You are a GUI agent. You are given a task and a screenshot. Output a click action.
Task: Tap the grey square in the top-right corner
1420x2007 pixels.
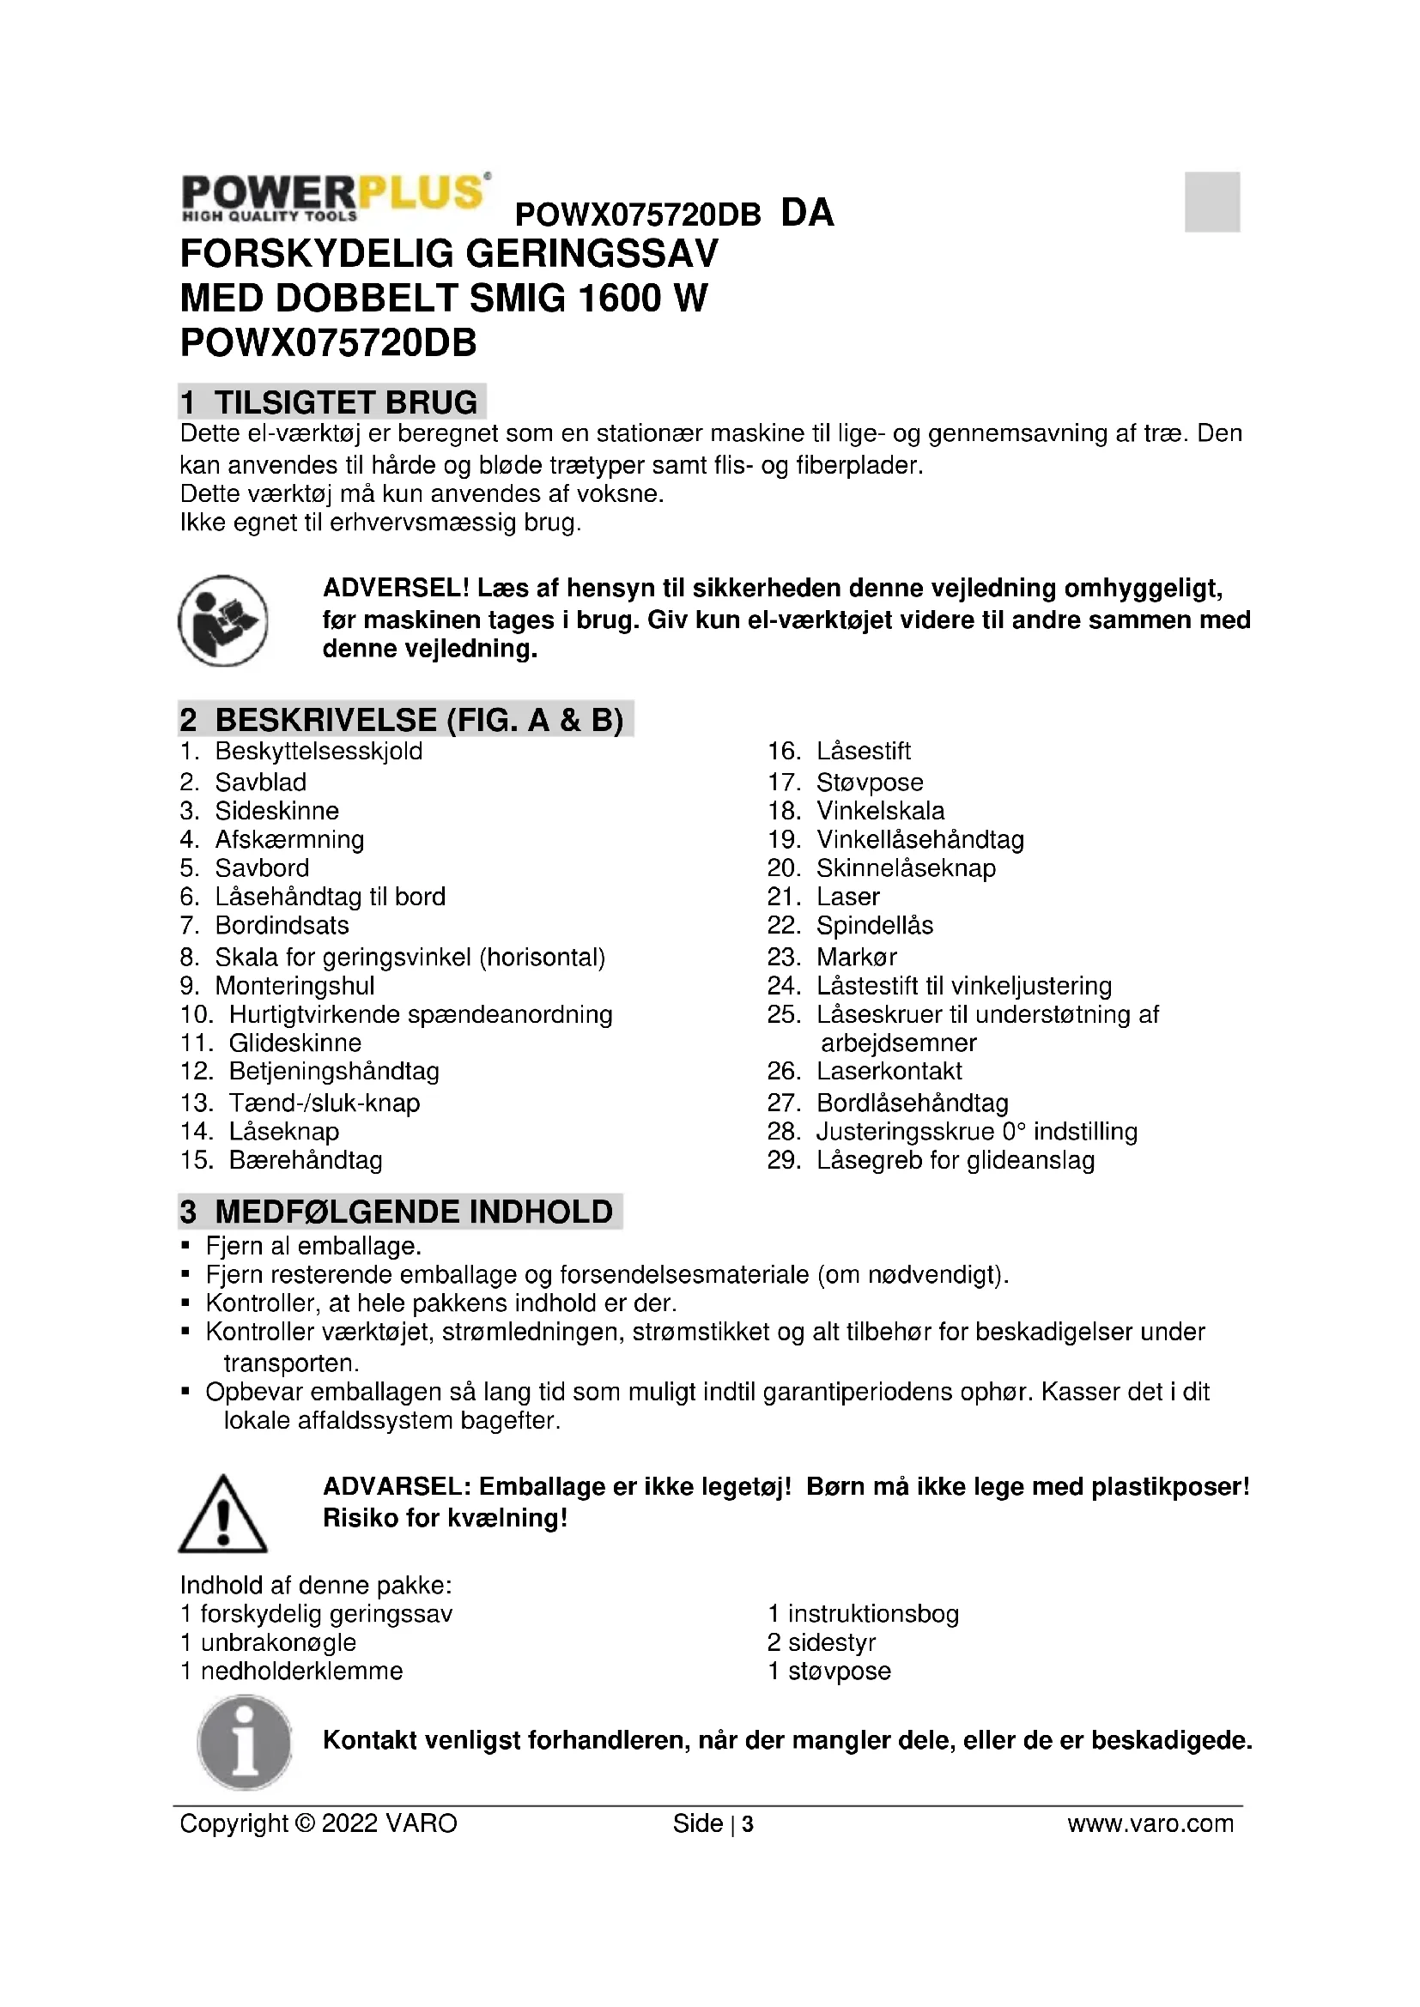[1212, 202]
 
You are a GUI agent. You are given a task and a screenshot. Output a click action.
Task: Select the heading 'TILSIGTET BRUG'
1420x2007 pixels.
[345, 402]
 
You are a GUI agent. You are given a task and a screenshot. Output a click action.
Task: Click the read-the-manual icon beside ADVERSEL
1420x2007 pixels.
[223, 620]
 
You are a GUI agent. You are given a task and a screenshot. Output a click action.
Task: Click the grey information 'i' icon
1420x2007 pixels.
[244, 1741]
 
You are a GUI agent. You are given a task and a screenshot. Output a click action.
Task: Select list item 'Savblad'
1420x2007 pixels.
[261, 783]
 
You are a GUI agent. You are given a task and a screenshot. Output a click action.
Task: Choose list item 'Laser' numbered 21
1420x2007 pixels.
[847, 897]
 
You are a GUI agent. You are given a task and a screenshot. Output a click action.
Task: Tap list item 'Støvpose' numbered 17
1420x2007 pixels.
[869, 783]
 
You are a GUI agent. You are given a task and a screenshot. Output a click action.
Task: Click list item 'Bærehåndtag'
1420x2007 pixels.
[305, 1160]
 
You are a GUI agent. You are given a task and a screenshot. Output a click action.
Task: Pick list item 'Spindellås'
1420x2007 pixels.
[874, 926]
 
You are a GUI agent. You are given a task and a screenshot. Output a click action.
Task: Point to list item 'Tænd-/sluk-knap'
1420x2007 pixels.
[324, 1103]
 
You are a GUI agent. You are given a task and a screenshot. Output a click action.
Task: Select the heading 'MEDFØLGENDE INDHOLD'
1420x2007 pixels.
[414, 1212]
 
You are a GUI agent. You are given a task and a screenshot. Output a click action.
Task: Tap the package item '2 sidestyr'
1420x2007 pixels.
[822, 1642]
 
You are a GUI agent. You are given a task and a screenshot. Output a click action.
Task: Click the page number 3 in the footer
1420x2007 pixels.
[748, 1824]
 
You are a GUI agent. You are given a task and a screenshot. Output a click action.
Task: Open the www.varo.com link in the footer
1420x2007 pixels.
[1150, 1823]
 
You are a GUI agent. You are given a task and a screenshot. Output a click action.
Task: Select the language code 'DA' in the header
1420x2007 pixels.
[807, 213]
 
